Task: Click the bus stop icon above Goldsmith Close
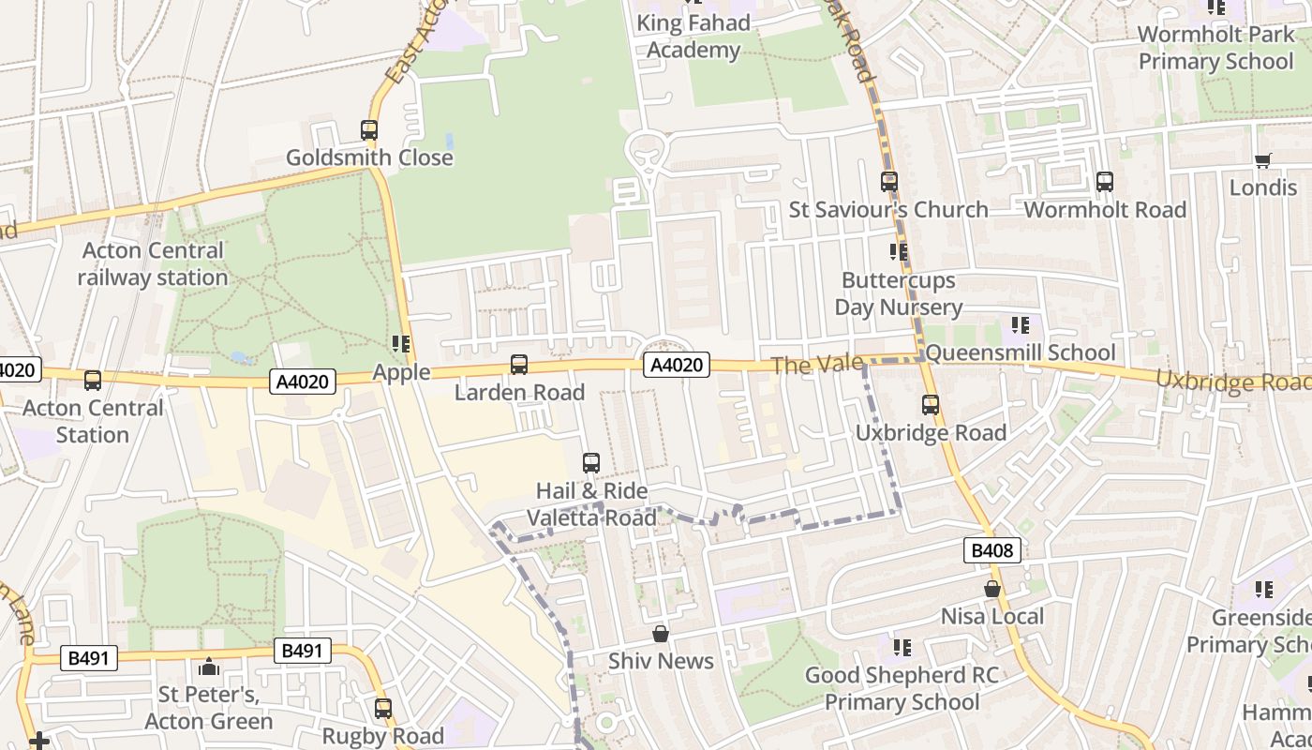coord(369,130)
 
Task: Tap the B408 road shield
coord(991,550)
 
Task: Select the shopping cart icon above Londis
coord(1262,160)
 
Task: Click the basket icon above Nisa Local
coord(991,589)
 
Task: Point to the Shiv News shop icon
coord(661,634)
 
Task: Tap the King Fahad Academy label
coord(693,37)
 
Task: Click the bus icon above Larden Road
coord(519,365)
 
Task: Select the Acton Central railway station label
coord(152,264)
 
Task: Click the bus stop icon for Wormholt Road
coord(1105,182)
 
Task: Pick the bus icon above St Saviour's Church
coord(888,182)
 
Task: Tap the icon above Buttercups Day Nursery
coord(898,252)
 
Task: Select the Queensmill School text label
coord(1021,352)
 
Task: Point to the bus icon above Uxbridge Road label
coord(931,405)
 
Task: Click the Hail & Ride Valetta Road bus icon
coord(591,463)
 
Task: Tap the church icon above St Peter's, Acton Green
coord(208,667)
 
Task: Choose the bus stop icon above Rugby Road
coord(382,709)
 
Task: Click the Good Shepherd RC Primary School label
coord(902,688)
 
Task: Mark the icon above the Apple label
coord(401,344)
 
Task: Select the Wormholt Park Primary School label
coord(1215,48)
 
